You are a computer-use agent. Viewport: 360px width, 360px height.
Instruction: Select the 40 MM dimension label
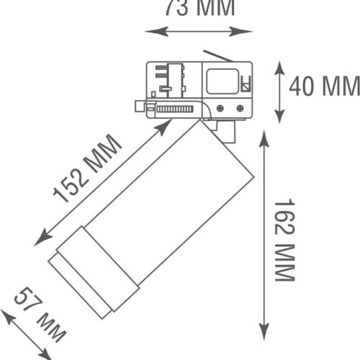323,86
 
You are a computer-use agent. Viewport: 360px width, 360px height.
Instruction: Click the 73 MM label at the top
199,9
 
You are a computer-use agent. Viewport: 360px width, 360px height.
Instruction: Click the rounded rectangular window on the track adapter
222,81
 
